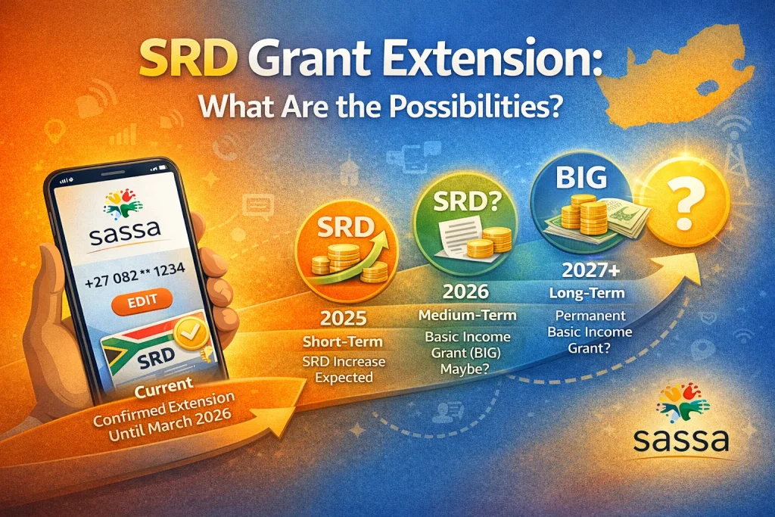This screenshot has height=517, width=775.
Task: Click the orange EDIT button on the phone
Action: (144, 301)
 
